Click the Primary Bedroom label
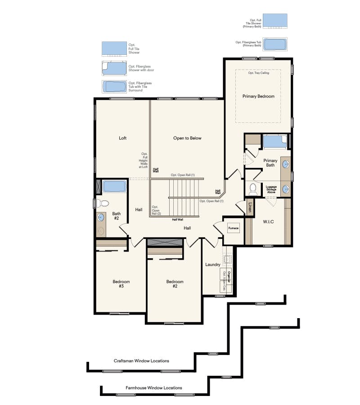(258, 96)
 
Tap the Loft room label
(122, 138)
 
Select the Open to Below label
(187, 138)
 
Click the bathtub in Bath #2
(113, 186)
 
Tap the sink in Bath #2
(101, 217)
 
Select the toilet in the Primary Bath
(252, 188)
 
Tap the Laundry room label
(212, 265)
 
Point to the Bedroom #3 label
(121, 284)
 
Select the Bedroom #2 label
(175, 284)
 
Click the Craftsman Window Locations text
(141, 361)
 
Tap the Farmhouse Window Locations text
(154, 387)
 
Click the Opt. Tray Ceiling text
(258, 73)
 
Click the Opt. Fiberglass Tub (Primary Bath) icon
(274, 44)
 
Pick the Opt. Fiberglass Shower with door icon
(114, 68)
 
